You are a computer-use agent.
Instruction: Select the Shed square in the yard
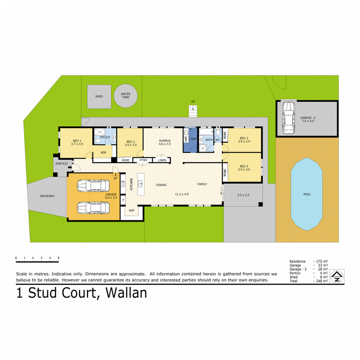coord(99,96)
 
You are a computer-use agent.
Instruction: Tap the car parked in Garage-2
coord(288,117)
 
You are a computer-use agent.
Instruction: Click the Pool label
coord(307,194)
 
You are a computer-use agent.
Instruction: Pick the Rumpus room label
coord(165,141)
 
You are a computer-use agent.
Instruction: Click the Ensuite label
coord(105,137)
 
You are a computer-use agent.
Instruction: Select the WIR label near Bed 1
coord(103,152)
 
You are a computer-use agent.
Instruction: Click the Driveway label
coord(47,196)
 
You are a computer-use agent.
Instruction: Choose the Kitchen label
coord(131,184)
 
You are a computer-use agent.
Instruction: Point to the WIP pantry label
coord(131,210)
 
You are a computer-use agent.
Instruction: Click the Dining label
coord(161,185)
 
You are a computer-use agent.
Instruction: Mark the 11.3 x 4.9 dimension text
coord(181,194)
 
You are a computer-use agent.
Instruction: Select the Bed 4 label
coord(244,166)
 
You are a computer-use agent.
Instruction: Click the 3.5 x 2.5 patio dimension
coord(243,195)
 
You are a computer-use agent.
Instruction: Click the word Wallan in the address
coord(126,293)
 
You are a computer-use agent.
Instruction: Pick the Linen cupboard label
coord(162,160)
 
